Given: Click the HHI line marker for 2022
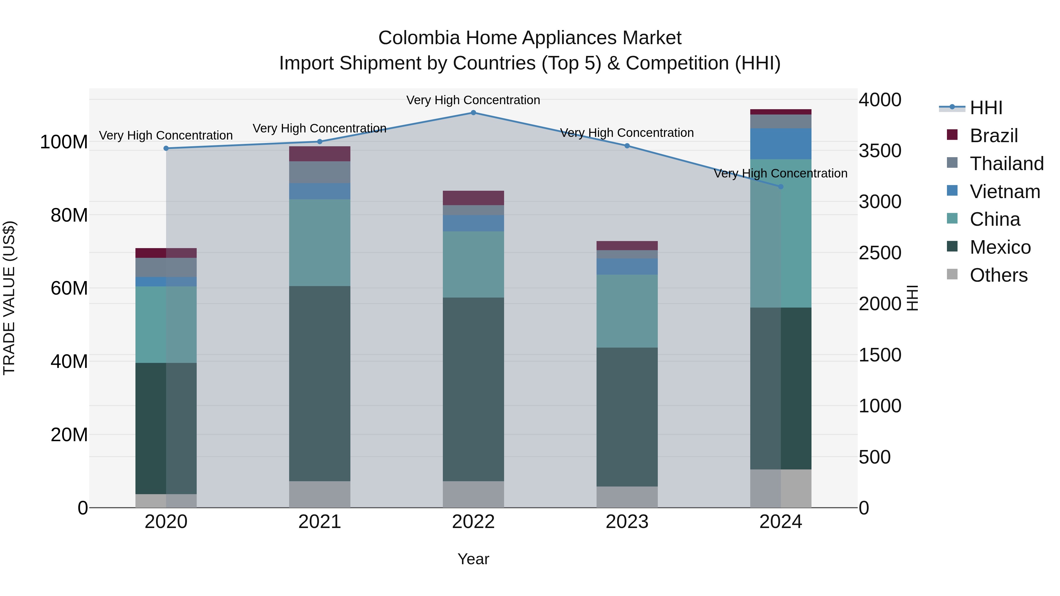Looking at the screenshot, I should (473, 113).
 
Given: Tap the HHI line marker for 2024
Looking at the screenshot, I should (781, 187).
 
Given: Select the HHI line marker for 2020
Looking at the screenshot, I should (166, 149).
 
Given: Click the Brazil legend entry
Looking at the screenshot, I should (993, 136).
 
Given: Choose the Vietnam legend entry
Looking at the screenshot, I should (1004, 192).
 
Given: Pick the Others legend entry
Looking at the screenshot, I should (998, 275).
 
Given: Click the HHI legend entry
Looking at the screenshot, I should (986, 108).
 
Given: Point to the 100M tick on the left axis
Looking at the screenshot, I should (64, 142).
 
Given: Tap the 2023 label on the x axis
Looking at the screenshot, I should (627, 522).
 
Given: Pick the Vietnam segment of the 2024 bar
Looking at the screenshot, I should (781, 144).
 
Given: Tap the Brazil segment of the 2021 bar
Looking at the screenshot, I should (320, 154).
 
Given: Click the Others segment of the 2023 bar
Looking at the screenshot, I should (627, 497).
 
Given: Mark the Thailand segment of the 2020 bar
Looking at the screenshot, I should (166, 267).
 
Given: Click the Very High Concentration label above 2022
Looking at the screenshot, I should (473, 100).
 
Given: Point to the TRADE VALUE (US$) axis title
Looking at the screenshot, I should (9, 298).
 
